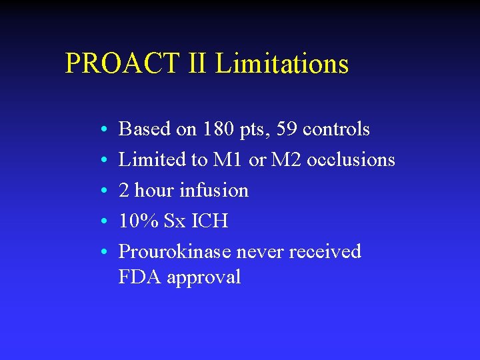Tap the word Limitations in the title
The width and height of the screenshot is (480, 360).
click(x=282, y=64)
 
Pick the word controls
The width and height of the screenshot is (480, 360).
click(x=336, y=129)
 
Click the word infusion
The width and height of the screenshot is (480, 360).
click(x=215, y=191)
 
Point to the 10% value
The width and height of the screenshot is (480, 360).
click(x=137, y=221)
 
